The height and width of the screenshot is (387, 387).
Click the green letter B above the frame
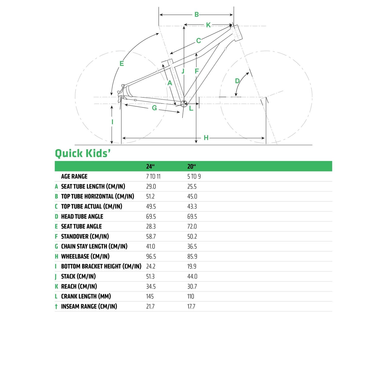[x=197, y=14]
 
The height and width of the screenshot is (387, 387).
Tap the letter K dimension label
[x=208, y=25]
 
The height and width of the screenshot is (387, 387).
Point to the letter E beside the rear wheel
[x=122, y=63]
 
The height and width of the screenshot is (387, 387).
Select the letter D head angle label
[x=237, y=81]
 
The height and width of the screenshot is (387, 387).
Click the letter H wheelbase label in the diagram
[x=206, y=138]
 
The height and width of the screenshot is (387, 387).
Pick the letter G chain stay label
[x=154, y=108]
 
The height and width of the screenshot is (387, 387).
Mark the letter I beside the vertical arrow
[x=112, y=122]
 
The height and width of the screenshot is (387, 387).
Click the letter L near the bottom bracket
[x=191, y=108]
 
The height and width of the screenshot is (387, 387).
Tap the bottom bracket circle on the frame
[x=184, y=104]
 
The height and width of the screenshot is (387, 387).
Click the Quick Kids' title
[x=83, y=153]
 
